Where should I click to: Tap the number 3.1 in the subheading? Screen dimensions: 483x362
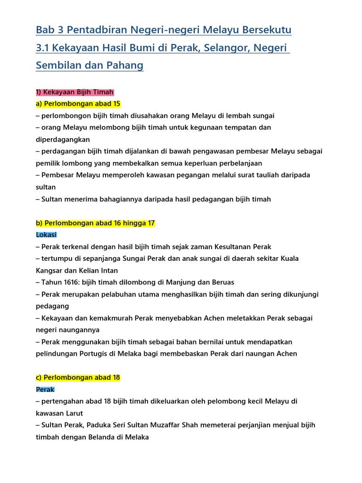click(x=43, y=48)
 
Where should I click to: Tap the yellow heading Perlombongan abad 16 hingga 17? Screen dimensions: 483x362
click(x=95, y=223)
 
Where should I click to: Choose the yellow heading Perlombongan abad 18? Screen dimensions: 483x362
click(x=78, y=378)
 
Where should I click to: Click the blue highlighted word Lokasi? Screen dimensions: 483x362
click(x=46, y=234)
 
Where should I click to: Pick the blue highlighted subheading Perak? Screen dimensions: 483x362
click(x=45, y=390)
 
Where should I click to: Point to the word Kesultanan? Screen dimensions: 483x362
click(x=234, y=247)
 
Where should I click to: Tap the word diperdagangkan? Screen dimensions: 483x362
click(x=63, y=140)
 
